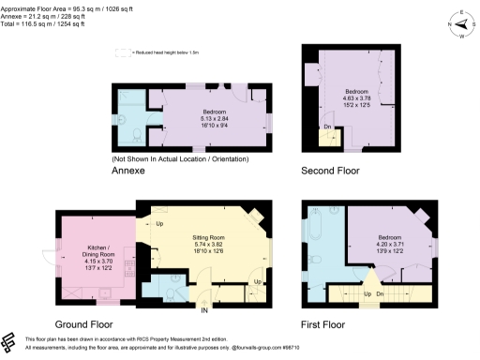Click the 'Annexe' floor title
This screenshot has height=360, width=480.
[x=128, y=172]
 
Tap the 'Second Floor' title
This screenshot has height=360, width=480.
[x=329, y=172]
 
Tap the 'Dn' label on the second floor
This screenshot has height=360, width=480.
[x=327, y=126]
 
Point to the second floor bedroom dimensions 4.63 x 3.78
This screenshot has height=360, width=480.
[x=355, y=94]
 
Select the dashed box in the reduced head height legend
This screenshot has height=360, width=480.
[x=122, y=52]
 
